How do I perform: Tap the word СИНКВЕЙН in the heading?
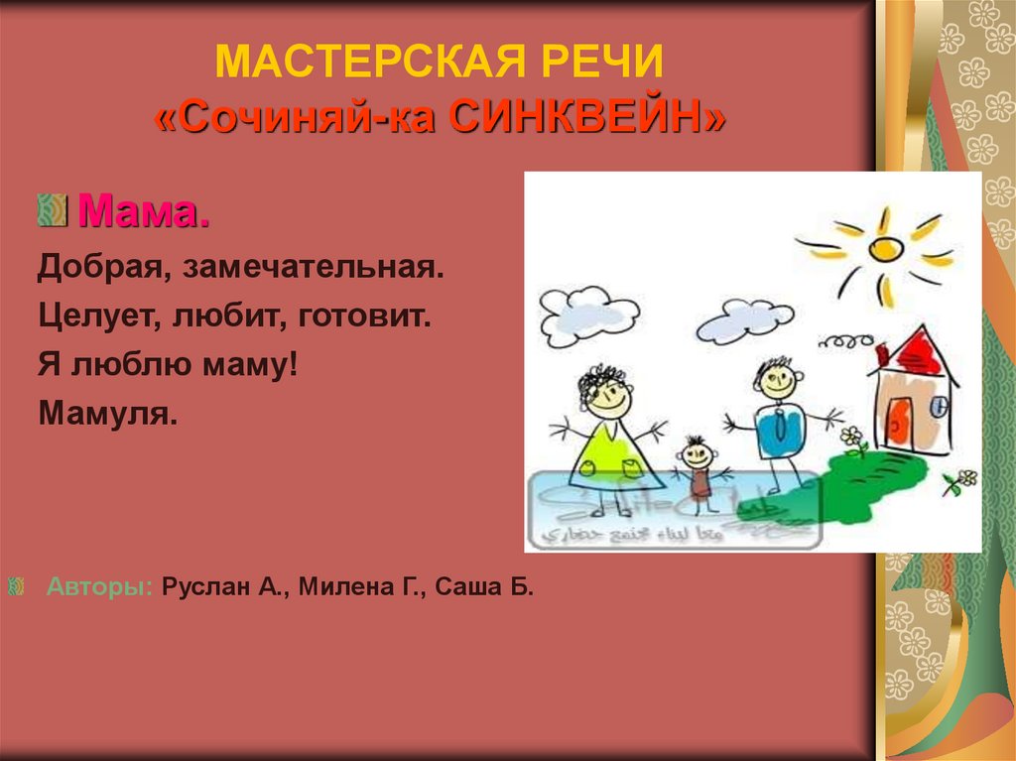tap(586, 118)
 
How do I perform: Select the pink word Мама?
tap(144, 210)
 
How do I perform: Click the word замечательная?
tap(340, 268)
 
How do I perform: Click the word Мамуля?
tap(108, 413)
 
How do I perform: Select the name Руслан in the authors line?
tap(202, 586)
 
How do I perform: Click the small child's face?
tap(698, 455)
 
